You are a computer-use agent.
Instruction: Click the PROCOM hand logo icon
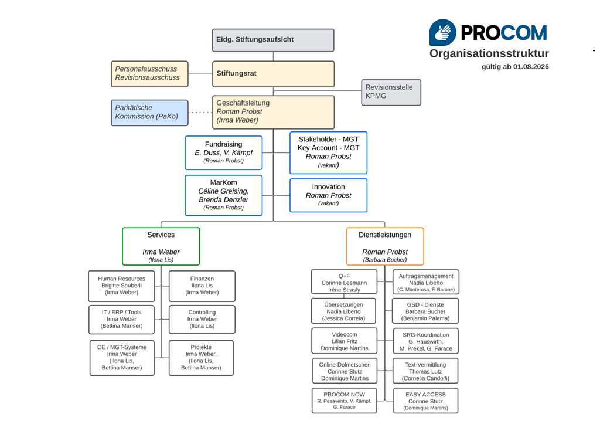pyautogui.click(x=442, y=32)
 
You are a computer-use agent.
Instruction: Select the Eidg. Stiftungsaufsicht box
pyautogui.click(x=273, y=40)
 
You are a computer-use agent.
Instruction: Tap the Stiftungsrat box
pyautogui.click(x=273, y=74)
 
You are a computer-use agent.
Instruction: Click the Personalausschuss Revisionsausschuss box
pyautogui.click(x=149, y=74)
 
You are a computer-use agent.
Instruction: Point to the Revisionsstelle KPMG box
pyautogui.click(x=391, y=92)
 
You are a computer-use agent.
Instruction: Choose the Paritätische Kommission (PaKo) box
pyautogui.click(x=149, y=113)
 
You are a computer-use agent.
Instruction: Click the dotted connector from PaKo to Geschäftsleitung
pyautogui.click(x=200, y=113)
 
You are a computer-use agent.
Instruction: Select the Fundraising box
pyautogui.click(x=223, y=153)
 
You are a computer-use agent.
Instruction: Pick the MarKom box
pyautogui.click(x=223, y=195)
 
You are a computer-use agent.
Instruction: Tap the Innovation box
pyautogui.click(x=328, y=195)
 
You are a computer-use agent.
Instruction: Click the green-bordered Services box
pyautogui.click(x=161, y=246)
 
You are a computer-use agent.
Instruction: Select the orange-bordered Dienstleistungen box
pyautogui.click(x=385, y=246)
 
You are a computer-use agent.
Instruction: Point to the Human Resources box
pyautogui.click(x=122, y=286)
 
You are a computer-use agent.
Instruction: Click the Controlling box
pyautogui.click(x=202, y=320)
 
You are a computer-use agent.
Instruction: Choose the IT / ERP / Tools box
pyautogui.click(x=122, y=320)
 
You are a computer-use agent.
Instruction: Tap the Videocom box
pyautogui.click(x=345, y=341)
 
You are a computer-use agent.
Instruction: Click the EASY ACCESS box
pyautogui.click(x=425, y=401)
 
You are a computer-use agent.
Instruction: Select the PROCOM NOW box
pyautogui.click(x=344, y=401)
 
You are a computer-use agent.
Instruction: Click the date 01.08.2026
pyautogui.click(x=531, y=67)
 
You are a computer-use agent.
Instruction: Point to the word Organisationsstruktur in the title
pyautogui.click(x=489, y=53)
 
